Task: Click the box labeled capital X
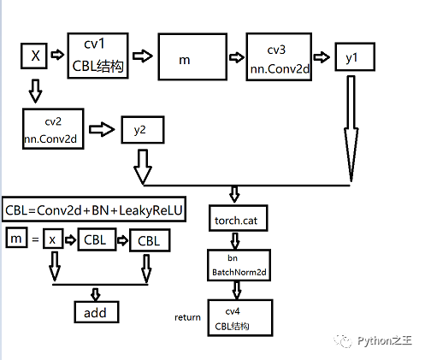[34, 56]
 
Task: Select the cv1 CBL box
[97, 56]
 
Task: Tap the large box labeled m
[192, 56]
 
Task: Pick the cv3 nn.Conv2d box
[279, 56]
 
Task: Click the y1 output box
[355, 56]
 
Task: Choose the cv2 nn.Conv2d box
[53, 129]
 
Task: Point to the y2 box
[143, 130]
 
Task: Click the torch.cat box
[239, 218]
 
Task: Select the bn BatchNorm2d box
[239, 265]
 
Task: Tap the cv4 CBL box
[240, 318]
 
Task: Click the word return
[187, 317]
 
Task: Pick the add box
[97, 312]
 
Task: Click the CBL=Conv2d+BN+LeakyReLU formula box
[94, 210]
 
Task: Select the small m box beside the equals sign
[17, 238]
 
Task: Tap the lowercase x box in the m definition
[53, 239]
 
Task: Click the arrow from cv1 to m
[143, 56]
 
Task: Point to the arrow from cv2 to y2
[102, 130]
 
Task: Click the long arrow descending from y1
[351, 129]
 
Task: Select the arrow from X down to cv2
[35, 91]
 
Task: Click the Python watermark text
[385, 340]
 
